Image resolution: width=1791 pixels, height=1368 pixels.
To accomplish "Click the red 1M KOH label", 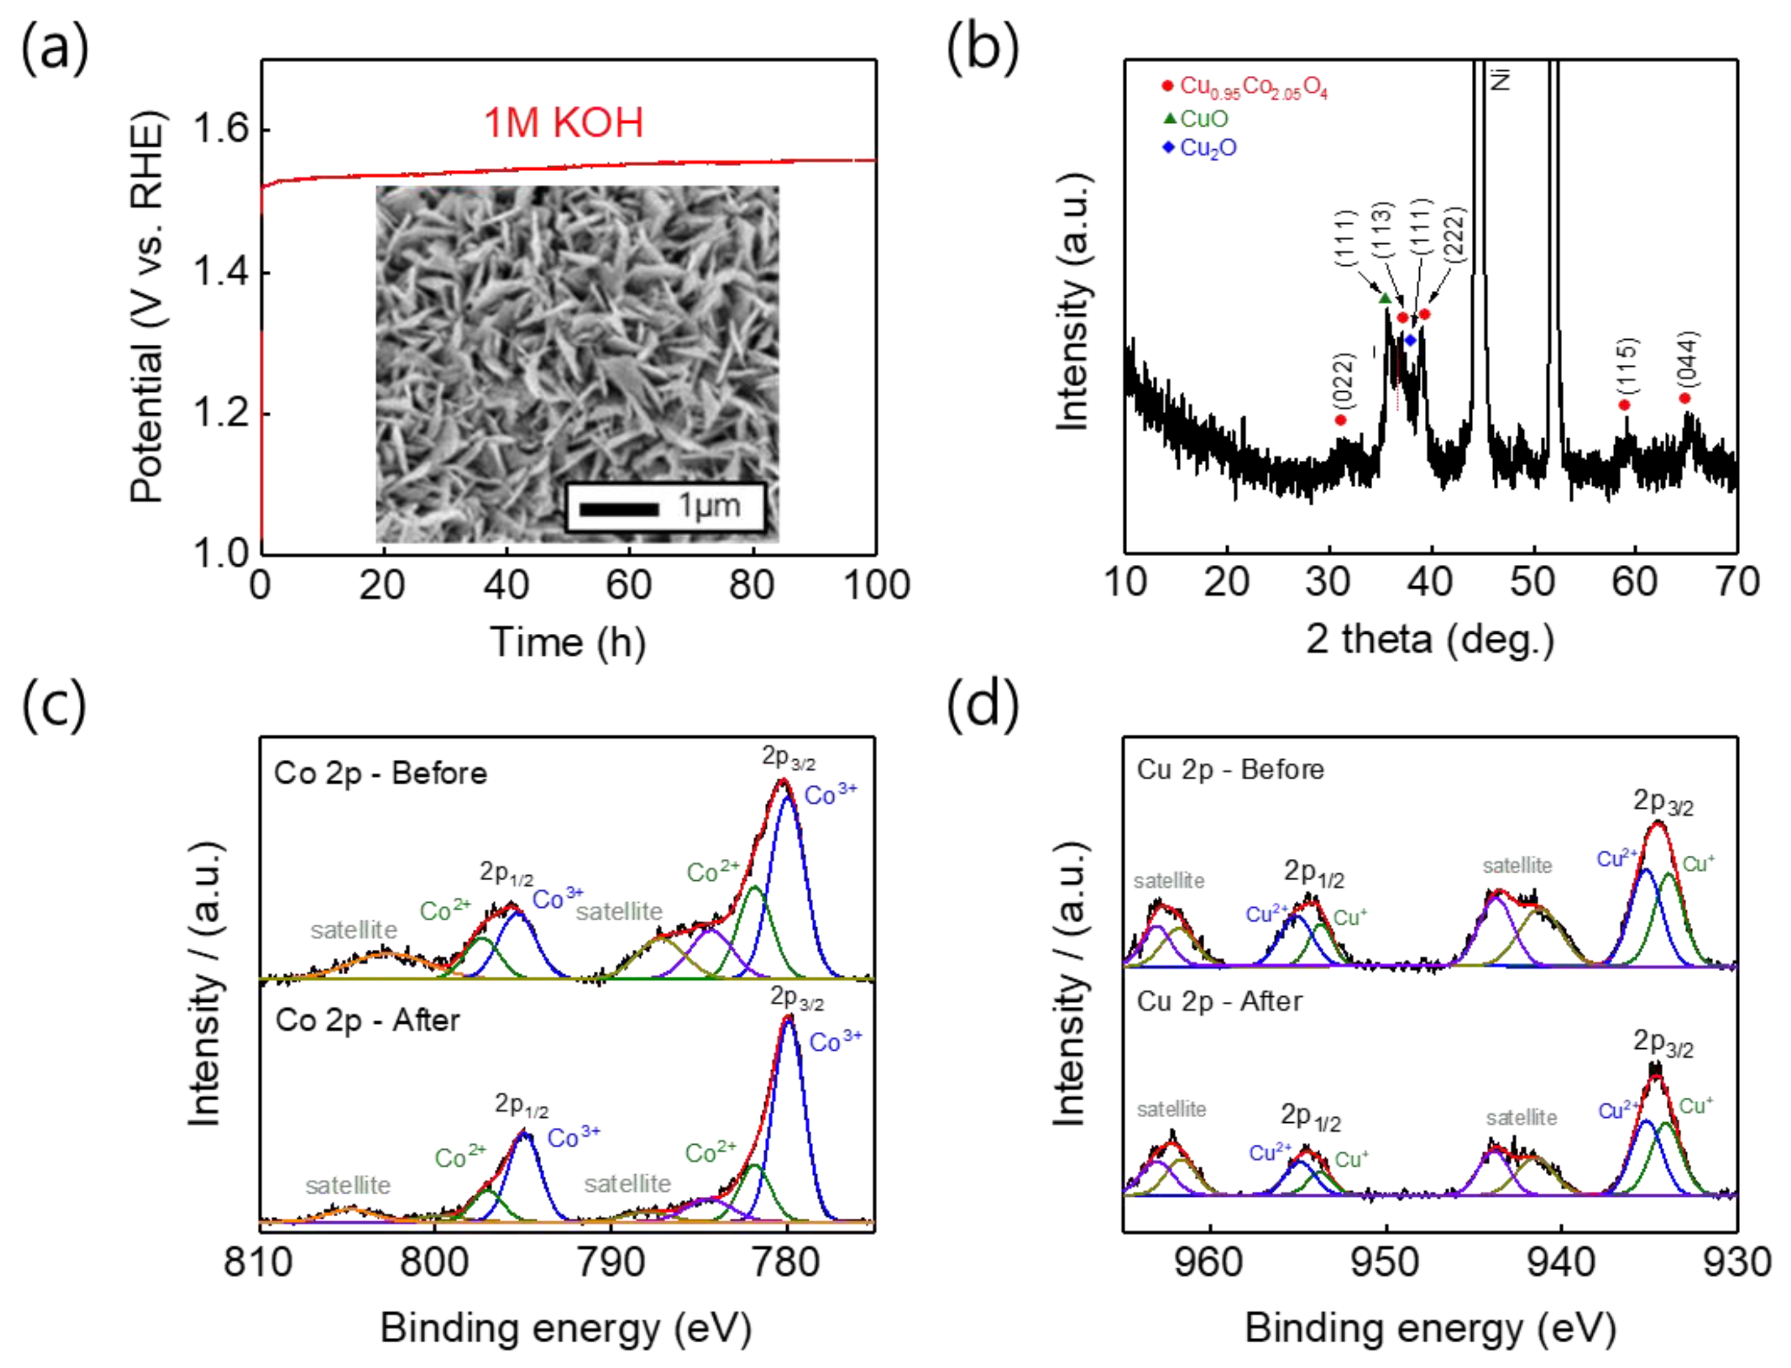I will [x=564, y=123].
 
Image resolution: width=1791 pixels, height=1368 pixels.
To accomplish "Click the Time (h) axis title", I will [x=567, y=642].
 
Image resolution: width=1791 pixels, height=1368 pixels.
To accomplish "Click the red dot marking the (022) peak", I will [x=1341, y=420].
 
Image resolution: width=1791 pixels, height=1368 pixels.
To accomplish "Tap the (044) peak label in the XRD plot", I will [x=1689, y=358].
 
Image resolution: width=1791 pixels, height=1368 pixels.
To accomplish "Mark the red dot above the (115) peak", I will [x=1624, y=405].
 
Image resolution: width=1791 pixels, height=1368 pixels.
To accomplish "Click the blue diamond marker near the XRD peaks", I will [x=1411, y=340].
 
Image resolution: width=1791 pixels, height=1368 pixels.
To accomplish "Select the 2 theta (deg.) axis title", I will [x=1430, y=638].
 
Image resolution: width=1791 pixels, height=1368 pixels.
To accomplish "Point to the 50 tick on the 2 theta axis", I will [x=1532, y=582].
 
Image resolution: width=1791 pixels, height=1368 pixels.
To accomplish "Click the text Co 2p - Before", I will [x=380, y=773].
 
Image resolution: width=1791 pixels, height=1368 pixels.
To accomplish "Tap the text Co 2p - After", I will [x=367, y=1021].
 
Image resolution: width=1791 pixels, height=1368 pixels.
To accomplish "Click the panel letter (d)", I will [x=982, y=703].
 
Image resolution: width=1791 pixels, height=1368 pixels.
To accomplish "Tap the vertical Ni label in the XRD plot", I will [x=1500, y=79].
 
